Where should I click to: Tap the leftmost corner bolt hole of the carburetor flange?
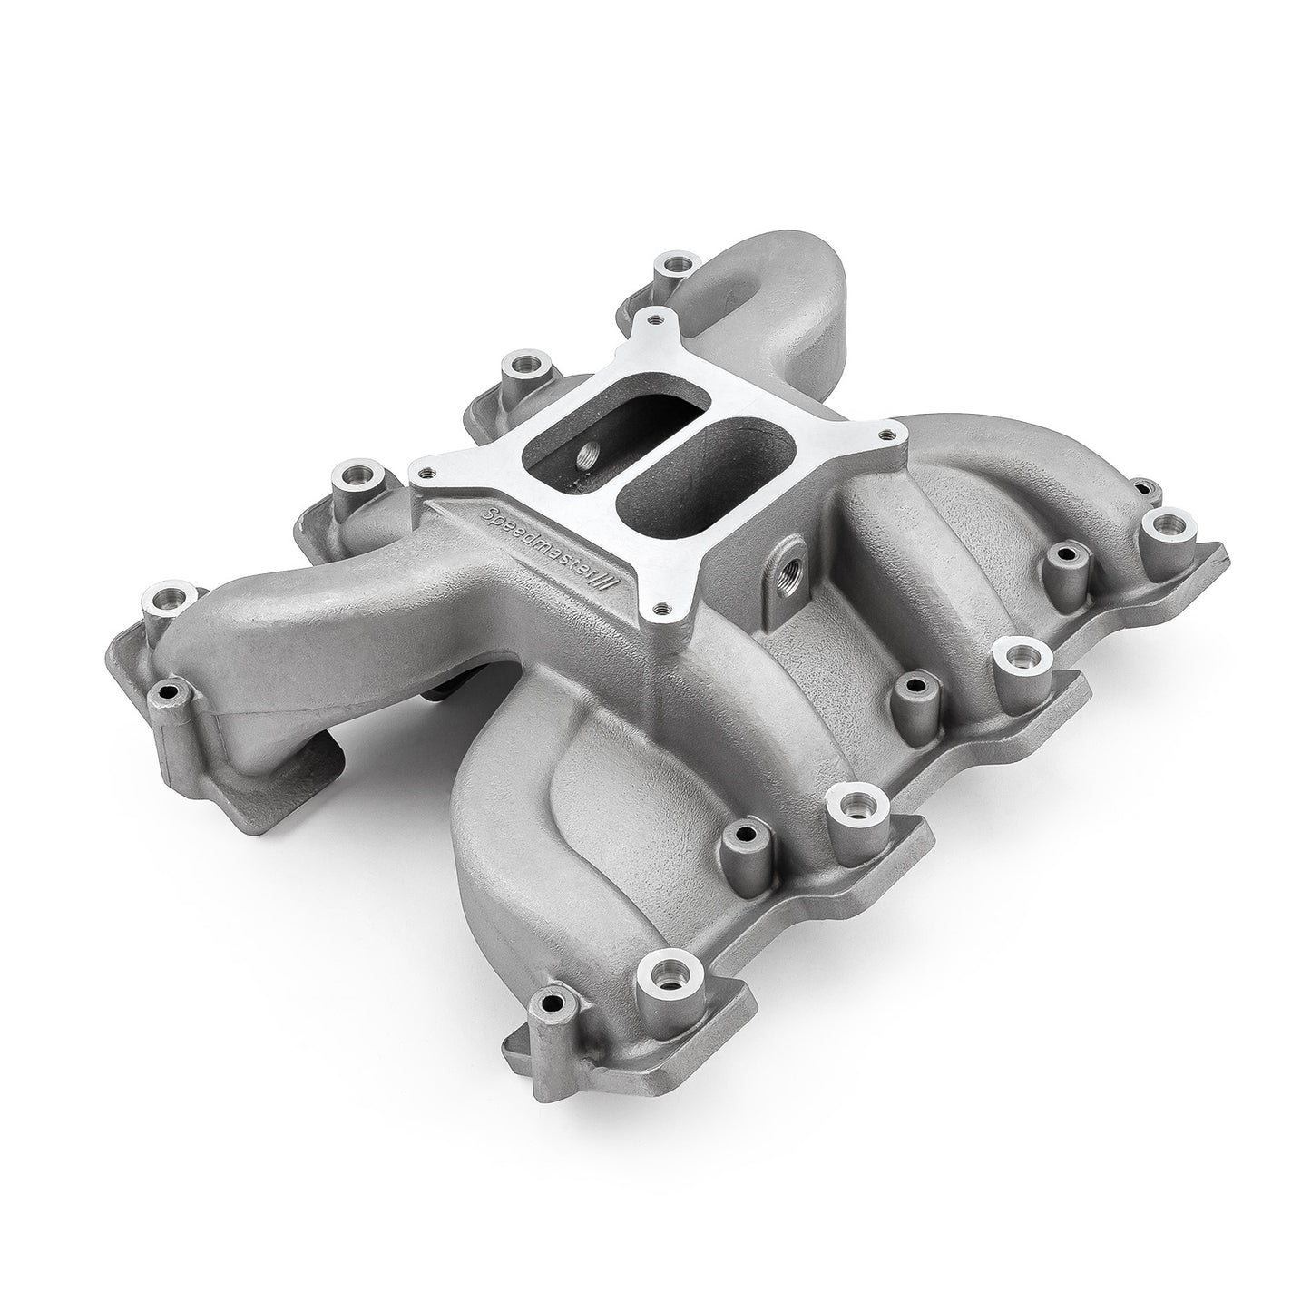point(425,469)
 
